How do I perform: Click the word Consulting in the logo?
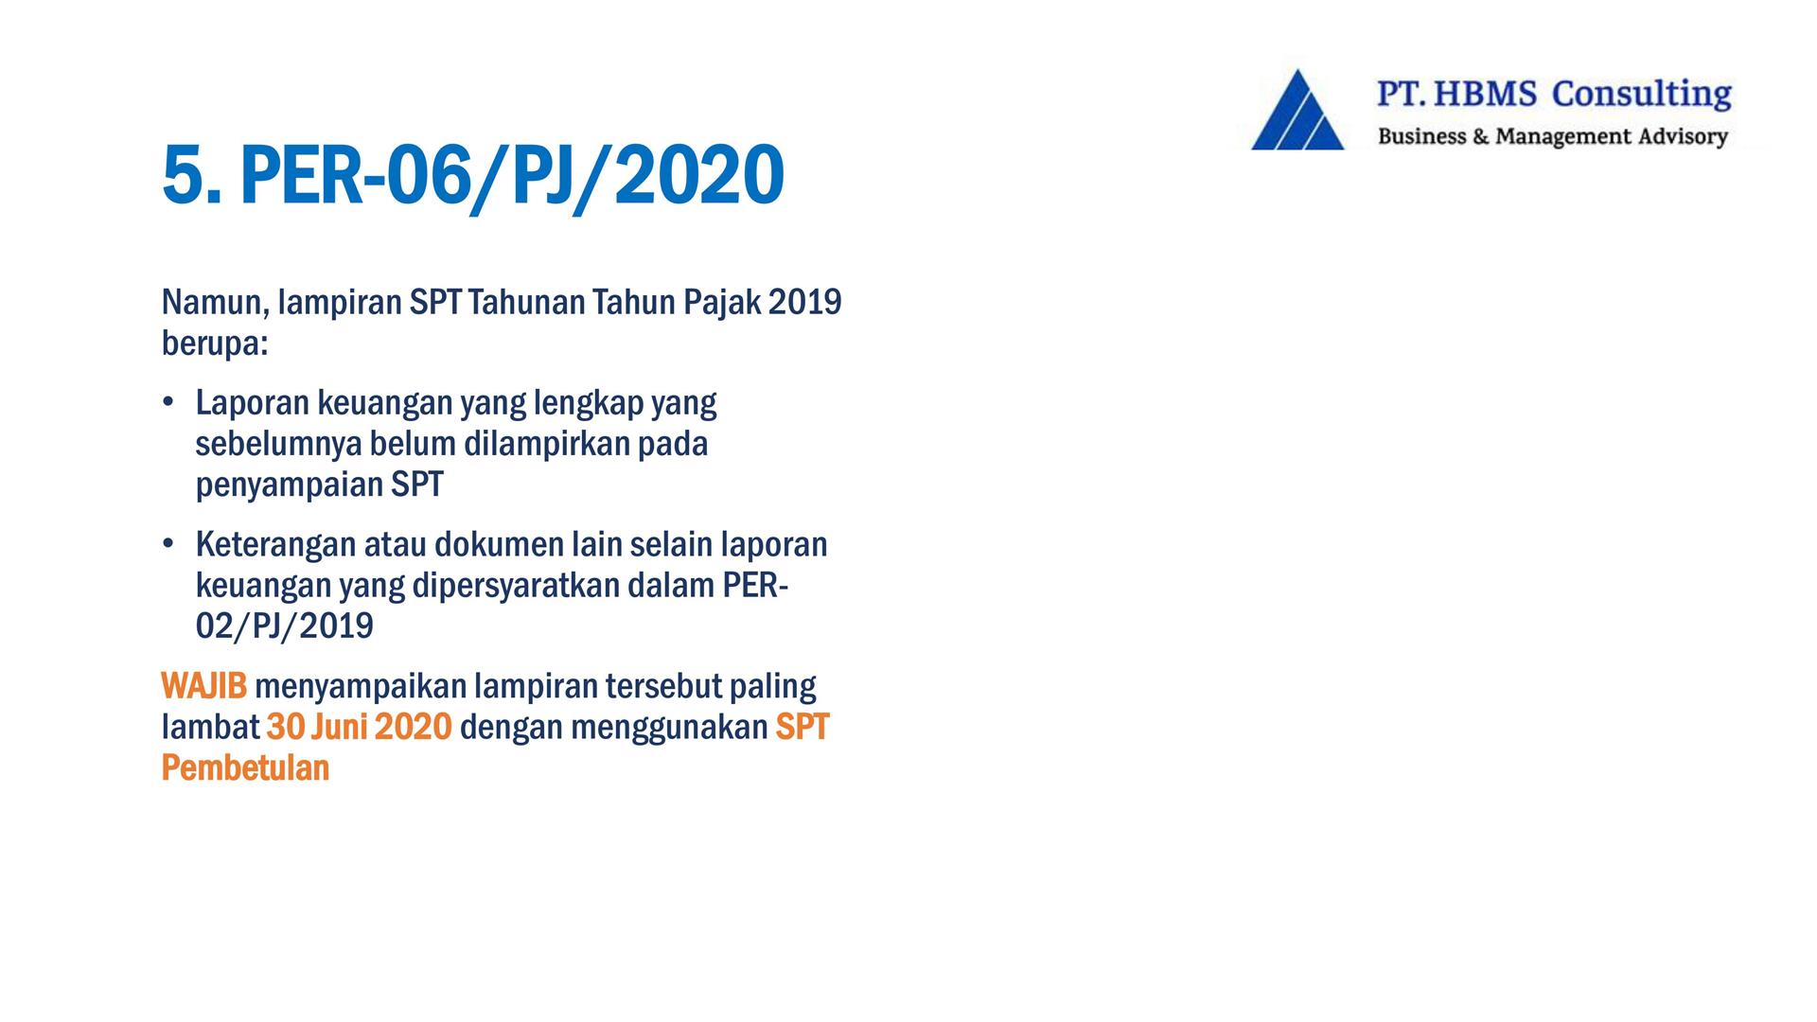coord(1642,95)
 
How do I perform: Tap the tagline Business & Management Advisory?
coord(1553,136)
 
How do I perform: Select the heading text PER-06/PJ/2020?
coord(512,177)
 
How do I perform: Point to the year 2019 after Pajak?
coord(804,302)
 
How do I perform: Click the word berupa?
coord(215,344)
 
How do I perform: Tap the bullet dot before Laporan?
coord(168,402)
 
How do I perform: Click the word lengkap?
coord(588,404)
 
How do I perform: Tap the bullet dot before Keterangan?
coord(168,544)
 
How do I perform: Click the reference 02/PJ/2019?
coord(285,627)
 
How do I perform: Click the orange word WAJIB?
coord(203,686)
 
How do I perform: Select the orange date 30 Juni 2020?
coord(360,727)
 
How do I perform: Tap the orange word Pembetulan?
coord(245,767)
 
